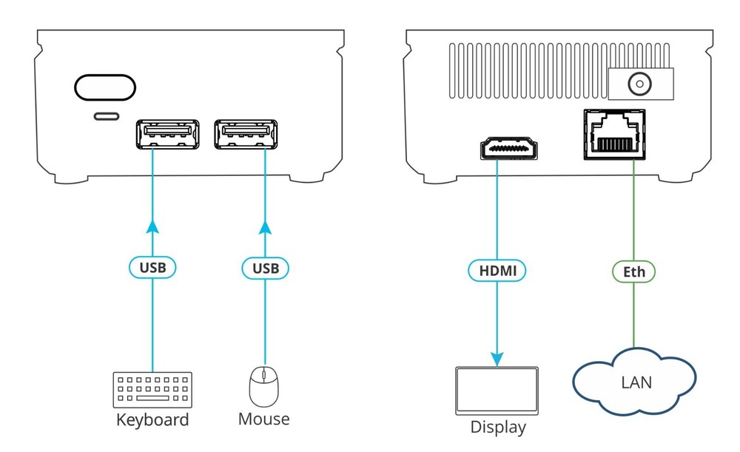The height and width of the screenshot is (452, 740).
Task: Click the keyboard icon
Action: click(152, 389)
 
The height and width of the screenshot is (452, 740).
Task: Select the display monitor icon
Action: click(497, 391)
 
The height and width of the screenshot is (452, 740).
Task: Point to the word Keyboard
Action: click(152, 420)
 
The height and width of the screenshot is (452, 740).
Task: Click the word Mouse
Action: click(263, 419)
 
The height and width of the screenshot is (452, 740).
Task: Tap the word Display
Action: click(498, 427)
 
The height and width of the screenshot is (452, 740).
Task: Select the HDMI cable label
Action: click(497, 271)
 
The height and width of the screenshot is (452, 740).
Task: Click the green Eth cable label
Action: click(634, 271)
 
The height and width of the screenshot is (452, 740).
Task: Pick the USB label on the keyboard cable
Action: click(152, 267)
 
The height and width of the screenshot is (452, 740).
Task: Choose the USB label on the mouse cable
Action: click(263, 267)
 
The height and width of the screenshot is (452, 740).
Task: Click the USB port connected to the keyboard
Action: click(166, 134)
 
